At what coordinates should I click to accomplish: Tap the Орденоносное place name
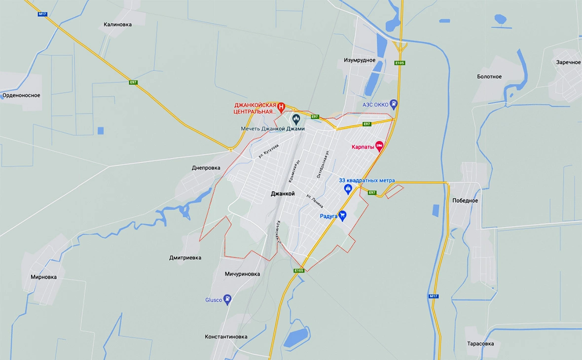click(x=21, y=95)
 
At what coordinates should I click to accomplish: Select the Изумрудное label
click(x=360, y=60)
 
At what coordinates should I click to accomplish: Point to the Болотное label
click(x=489, y=76)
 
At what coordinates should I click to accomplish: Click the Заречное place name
click(x=568, y=62)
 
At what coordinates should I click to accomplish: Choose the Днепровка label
click(x=206, y=168)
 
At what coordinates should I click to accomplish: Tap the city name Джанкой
click(x=283, y=194)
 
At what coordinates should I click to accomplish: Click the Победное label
click(x=465, y=201)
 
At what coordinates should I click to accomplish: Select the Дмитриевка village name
click(x=185, y=257)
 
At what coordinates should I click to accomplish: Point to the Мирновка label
click(x=43, y=277)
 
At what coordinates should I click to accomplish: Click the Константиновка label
click(x=226, y=337)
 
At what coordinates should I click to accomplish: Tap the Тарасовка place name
click(x=480, y=344)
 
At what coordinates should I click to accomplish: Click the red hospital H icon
click(x=281, y=106)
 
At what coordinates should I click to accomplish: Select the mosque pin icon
click(x=296, y=119)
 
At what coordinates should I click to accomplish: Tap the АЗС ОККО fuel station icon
click(x=393, y=104)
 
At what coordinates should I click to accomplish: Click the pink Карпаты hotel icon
click(x=379, y=145)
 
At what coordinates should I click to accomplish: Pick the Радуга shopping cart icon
click(x=342, y=216)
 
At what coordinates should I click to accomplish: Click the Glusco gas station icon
click(x=227, y=299)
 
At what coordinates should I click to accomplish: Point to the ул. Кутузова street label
click(x=268, y=151)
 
